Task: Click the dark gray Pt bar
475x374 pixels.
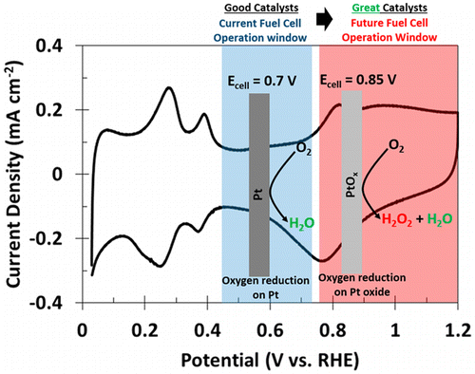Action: (x=259, y=185)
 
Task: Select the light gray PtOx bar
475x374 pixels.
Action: (x=351, y=182)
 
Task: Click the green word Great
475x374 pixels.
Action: (x=366, y=8)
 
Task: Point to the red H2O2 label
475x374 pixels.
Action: (x=397, y=219)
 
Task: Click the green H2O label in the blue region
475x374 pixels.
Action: (x=301, y=223)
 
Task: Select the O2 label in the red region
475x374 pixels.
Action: (x=396, y=146)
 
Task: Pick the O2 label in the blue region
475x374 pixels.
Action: (x=304, y=149)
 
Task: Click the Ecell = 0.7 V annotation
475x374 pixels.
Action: (x=262, y=82)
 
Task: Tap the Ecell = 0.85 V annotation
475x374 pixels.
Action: (x=358, y=81)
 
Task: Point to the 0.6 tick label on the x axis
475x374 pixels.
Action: (x=270, y=330)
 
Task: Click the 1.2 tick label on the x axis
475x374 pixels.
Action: (x=458, y=330)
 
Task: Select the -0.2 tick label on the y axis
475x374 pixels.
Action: (x=48, y=238)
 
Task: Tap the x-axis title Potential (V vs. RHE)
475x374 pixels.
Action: (x=270, y=361)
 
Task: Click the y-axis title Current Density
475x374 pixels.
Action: (x=14, y=175)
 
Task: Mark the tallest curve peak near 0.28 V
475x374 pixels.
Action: (x=169, y=87)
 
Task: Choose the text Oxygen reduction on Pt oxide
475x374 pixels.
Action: (x=362, y=285)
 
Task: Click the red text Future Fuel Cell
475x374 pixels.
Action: (x=389, y=23)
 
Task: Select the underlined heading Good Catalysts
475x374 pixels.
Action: (x=261, y=8)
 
